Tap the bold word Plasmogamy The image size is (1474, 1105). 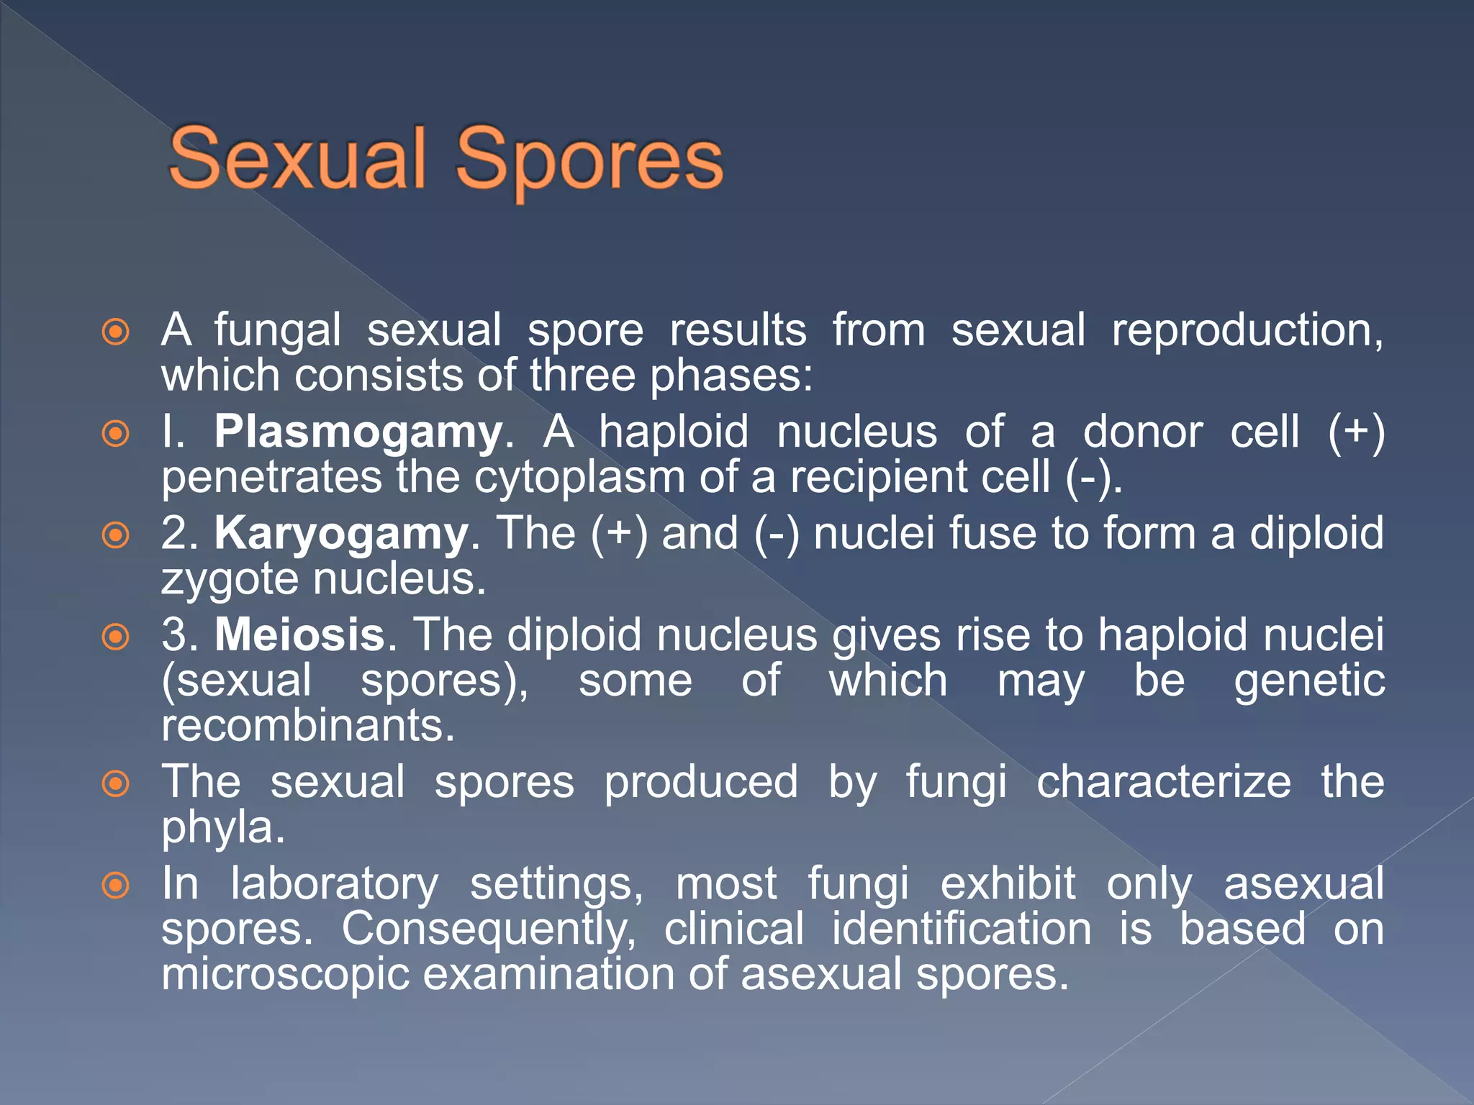click(358, 432)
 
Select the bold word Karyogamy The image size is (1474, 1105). click(341, 534)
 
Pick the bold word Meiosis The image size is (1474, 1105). click(300, 635)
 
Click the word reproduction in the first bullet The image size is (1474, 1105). click(1247, 331)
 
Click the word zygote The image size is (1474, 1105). click(230, 580)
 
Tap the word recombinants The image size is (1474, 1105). click(307, 725)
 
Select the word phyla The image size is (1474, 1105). click(222, 827)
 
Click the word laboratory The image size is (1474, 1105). click(334, 883)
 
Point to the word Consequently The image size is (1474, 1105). click(489, 929)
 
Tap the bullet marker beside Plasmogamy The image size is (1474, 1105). click(116, 434)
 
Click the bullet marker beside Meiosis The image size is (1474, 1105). click(116, 637)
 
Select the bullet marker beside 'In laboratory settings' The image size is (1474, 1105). click(116, 886)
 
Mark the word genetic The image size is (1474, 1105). click(1309, 681)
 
